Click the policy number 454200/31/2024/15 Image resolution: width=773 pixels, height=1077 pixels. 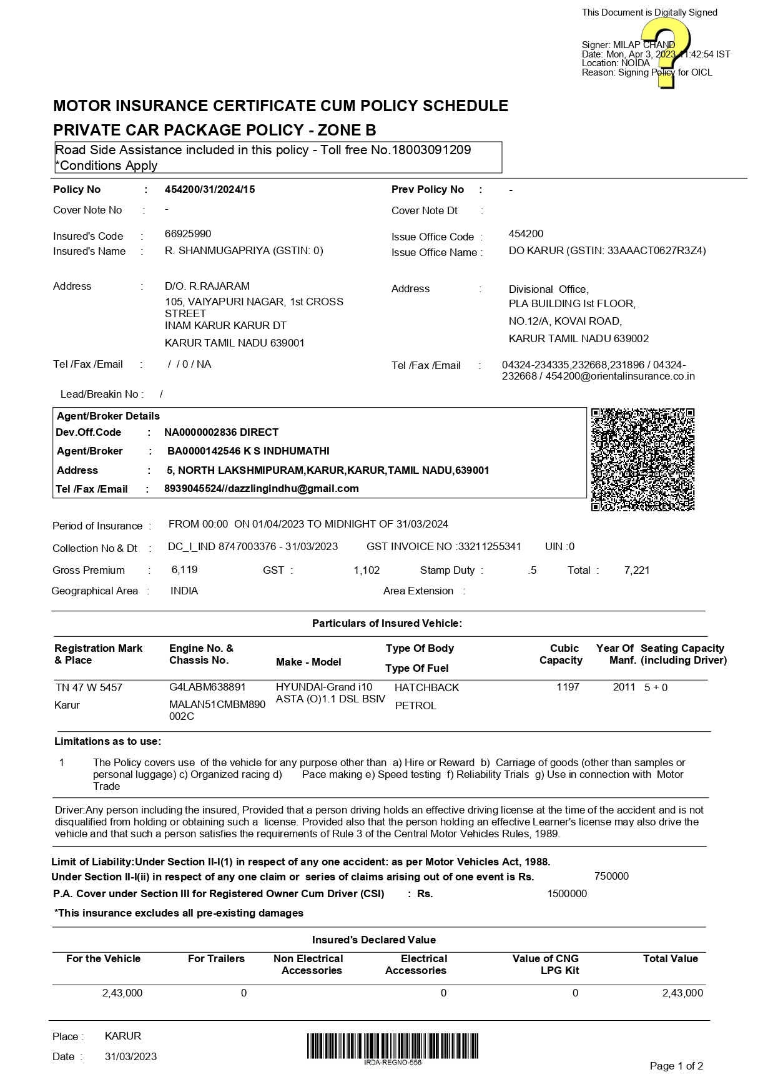pyautogui.click(x=210, y=190)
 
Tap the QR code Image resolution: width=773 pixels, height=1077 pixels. pyautogui.click(x=643, y=460)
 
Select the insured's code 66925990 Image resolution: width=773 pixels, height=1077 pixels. pyautogui.click(x=188, y=234)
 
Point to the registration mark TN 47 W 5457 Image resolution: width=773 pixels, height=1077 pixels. pyautogui.click(x=89, y=687)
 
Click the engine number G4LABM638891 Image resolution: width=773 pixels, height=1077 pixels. pyautogui.click(x=207, y=687)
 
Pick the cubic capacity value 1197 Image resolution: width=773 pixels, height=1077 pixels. pyautogui.click(x=568, y=687)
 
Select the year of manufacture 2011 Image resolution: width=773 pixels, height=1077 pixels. pyautogui.click(x=624, y=687)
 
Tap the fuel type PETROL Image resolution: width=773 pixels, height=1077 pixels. pyautogui.click(x=415, y=706)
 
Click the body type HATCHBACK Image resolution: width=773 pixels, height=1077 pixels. pyautogui.click(x=426, y=688)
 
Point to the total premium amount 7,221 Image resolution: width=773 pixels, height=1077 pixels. pyautogui.click(x=637, y=570)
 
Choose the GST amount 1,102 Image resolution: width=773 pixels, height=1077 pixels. pyautogui.click(x=367, y=570)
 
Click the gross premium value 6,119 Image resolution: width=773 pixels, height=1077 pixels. pyautogui.click(x=184, y=570)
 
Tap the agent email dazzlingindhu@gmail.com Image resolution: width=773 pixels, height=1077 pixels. pyautogui.click(x=293, y=489)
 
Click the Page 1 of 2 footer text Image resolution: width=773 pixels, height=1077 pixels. pyautogui.click(x=676, y=1066)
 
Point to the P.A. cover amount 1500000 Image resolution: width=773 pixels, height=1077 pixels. pyautogui.click(x=567, y=894)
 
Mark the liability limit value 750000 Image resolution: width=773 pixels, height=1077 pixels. pyautogui.click(x=611, y=877)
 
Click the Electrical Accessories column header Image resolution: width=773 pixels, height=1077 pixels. pyautogui.click(x=416, y=965)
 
